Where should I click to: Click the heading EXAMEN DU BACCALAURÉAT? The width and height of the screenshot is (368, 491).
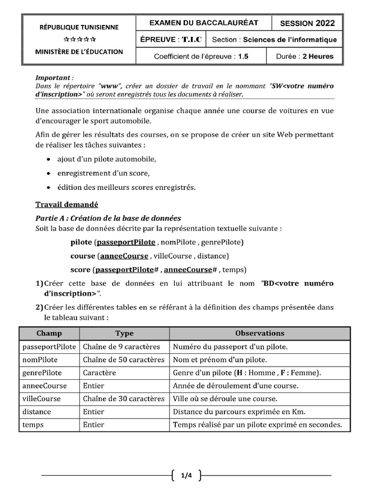[204, 23]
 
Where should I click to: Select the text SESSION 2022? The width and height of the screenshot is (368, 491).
[307, 23]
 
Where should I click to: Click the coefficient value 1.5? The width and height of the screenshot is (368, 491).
[243, 56]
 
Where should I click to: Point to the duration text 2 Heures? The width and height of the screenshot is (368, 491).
[317, 56]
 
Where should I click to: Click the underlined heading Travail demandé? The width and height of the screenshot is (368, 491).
[67, 205]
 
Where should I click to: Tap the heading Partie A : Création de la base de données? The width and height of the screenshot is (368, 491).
[108, 218]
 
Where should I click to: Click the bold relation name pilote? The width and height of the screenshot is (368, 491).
[80, 242]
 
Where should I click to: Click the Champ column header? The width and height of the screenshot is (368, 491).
[49, 333]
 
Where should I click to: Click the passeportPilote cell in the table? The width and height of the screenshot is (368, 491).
[49, 347]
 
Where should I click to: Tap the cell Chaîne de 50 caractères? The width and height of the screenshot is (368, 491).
[124, 360]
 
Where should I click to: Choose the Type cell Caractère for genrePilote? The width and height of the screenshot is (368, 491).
[99, 373]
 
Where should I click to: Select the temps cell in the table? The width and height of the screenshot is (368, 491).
[33, 424]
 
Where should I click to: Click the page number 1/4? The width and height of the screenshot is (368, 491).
[186, 476]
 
